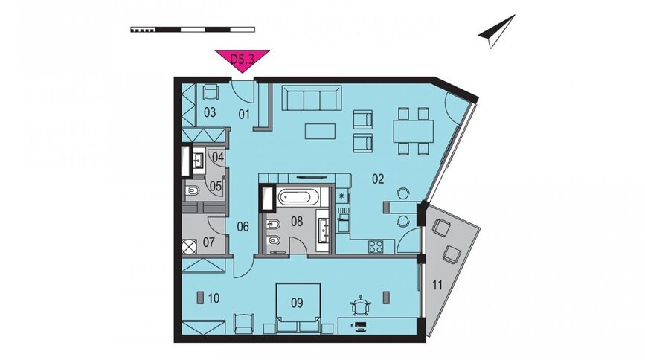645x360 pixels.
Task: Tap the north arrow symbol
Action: [497, 31]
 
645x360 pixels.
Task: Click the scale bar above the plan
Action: [193, 29]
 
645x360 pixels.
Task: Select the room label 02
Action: [378, 179]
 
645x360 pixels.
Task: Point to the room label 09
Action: [297, 303]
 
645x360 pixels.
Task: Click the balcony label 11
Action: [437, 285]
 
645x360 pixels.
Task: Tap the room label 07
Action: [209, 242]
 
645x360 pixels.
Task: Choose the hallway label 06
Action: [243, 226]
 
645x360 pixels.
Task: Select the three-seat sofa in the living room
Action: [312, 98]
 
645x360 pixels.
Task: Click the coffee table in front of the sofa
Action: [320, 131]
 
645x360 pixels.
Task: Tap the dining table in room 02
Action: [414, 131]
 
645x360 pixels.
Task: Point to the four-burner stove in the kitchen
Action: [376, 246]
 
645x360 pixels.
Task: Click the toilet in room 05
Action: [193, 191]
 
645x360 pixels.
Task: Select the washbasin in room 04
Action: [198, 160]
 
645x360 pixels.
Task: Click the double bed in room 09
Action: [298, 306]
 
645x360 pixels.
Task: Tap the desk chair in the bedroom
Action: [361, 306]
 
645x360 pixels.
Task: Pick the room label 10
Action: [214, 298]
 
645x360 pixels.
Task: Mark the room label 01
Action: [244, 114]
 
